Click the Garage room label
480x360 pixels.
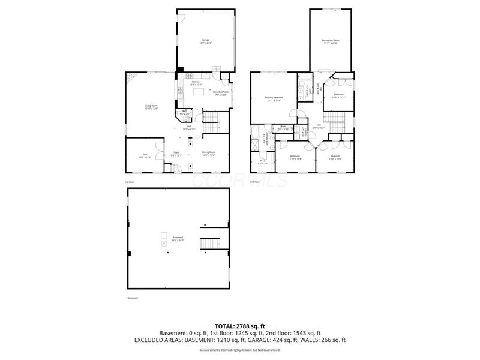pyautogui.click(x=206, y=41)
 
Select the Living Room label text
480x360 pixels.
pyautogui.click(x=151, y=107)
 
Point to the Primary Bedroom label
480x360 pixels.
pyautogui.click(x=274, y=98)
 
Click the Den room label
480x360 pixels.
pyautogui.click(x=145, y=156)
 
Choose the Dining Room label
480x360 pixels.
pyautogui.click(x=208, y=154)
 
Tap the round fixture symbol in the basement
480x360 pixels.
pyautogui.click(x=163, y=244)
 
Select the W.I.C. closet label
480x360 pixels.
pyautogui.click(x=262, y=161)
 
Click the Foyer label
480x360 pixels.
pyautogui.click(x=177, y=154)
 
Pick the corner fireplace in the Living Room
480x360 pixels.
pyautogui.click(x=131, y=77)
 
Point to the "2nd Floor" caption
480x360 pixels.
pyautogui.click(x=255, y=182)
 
